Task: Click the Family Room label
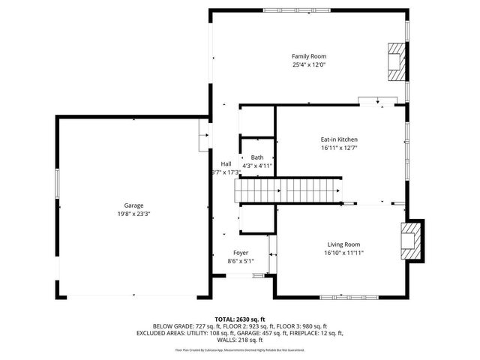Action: [x=309, y=56]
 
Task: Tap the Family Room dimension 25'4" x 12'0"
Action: [x=309, y=65]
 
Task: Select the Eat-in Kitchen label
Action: [x=339, y=139]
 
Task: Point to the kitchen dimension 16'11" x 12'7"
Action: [x=339, y=148]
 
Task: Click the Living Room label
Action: [x=343, y=244]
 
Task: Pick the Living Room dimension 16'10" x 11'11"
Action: [x=343, y=253]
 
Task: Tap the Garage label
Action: [x=133, y=205]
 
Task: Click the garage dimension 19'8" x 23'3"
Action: [x=133, y=214]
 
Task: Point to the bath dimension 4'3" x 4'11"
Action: [x=256, y=166]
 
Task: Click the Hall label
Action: [x=226, y=163]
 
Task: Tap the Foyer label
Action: [x=241, y=253]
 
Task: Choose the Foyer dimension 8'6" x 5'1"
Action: [x=241, y=262]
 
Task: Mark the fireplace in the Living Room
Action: [x=412, y=241]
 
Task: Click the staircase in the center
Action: [x=289, y=190]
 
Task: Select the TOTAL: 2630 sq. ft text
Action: [x=240, y=319]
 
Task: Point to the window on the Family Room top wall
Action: [x=289, y=10]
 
